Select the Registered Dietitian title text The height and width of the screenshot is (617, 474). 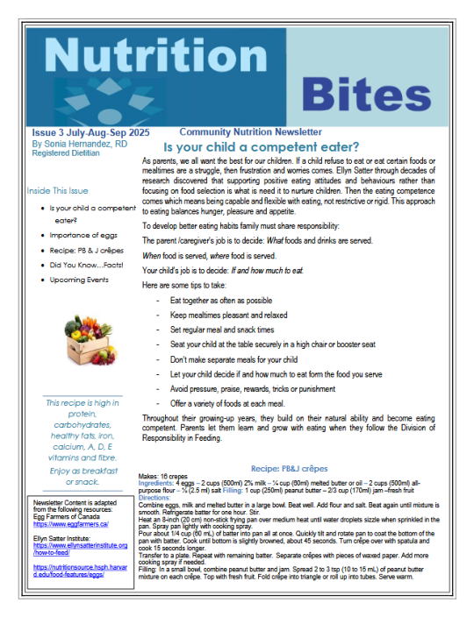[x=70, y=152]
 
